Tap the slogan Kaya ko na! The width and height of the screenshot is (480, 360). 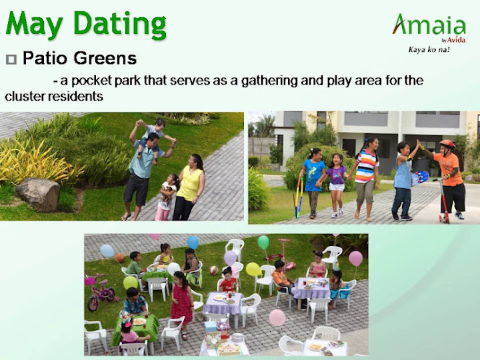tap(429, 49)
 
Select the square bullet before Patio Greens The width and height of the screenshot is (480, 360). tap(11, 59)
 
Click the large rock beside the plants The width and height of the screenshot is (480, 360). tap(37, 195)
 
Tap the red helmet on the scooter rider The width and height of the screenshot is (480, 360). tap(447, 143)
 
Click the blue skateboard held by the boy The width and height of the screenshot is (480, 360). tap(419, 178)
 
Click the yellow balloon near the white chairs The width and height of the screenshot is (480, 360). tap(253, 269)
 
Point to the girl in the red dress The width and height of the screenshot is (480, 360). tap(181, 304)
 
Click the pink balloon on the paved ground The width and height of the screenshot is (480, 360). tap(277, 317)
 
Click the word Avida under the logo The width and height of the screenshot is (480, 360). tap(456, 40)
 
